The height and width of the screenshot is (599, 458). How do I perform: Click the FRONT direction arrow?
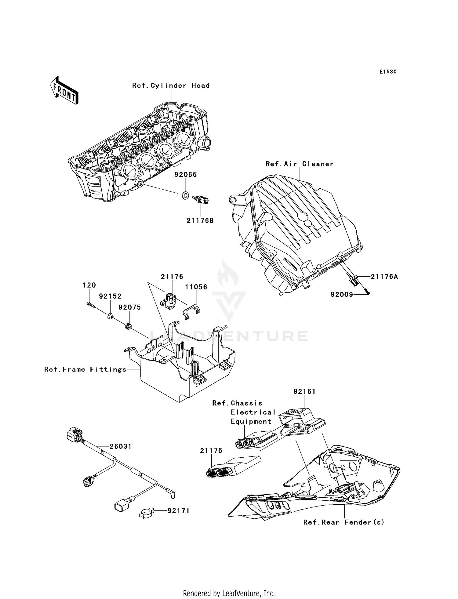pos(64,91)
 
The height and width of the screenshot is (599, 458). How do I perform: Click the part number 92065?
pos(186,175)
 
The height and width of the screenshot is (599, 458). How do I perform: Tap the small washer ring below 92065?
pos(185,195)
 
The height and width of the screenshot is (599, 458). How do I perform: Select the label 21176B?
pos(200,220)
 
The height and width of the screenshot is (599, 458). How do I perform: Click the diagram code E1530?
pos(388,72)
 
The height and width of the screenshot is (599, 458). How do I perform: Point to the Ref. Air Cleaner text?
pos(299,164)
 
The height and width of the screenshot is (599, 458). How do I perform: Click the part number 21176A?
pos(384,277)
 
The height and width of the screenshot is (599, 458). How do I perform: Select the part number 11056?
pos(196,287)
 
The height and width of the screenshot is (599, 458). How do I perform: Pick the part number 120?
pos(89,285)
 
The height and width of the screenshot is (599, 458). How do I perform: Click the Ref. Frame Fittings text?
pos(85,369)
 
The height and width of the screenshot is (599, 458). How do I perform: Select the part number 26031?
pos(121,446)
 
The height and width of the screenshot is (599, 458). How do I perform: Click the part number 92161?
pos(304,391)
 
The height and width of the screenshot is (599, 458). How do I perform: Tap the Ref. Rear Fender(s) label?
pos(343,522)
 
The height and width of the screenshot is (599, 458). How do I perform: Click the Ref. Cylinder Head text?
pos(171,85)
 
